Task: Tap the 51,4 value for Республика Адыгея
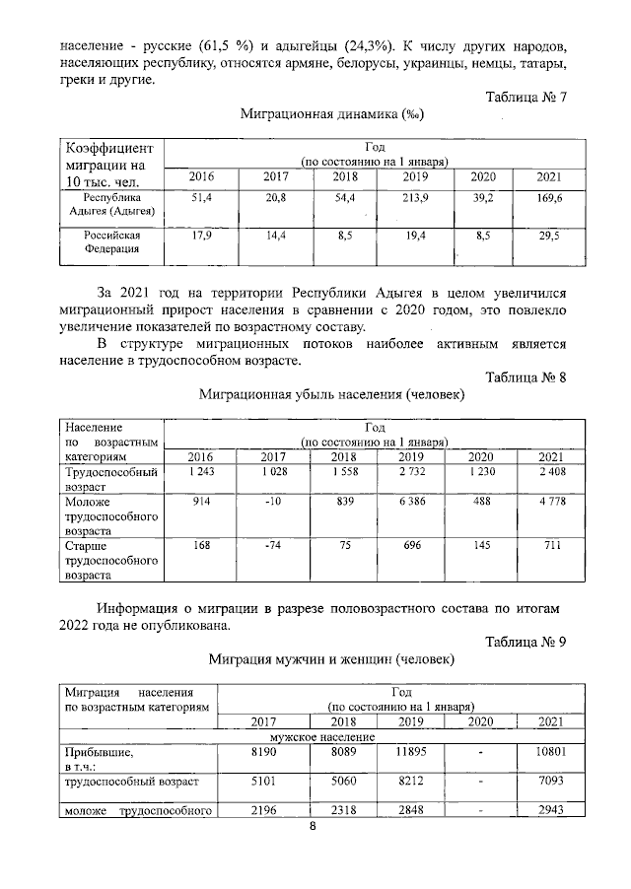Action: (x=201, y=198)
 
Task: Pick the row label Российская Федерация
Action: (x=111, y=242)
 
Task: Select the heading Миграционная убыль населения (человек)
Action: (x=331, y=394)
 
